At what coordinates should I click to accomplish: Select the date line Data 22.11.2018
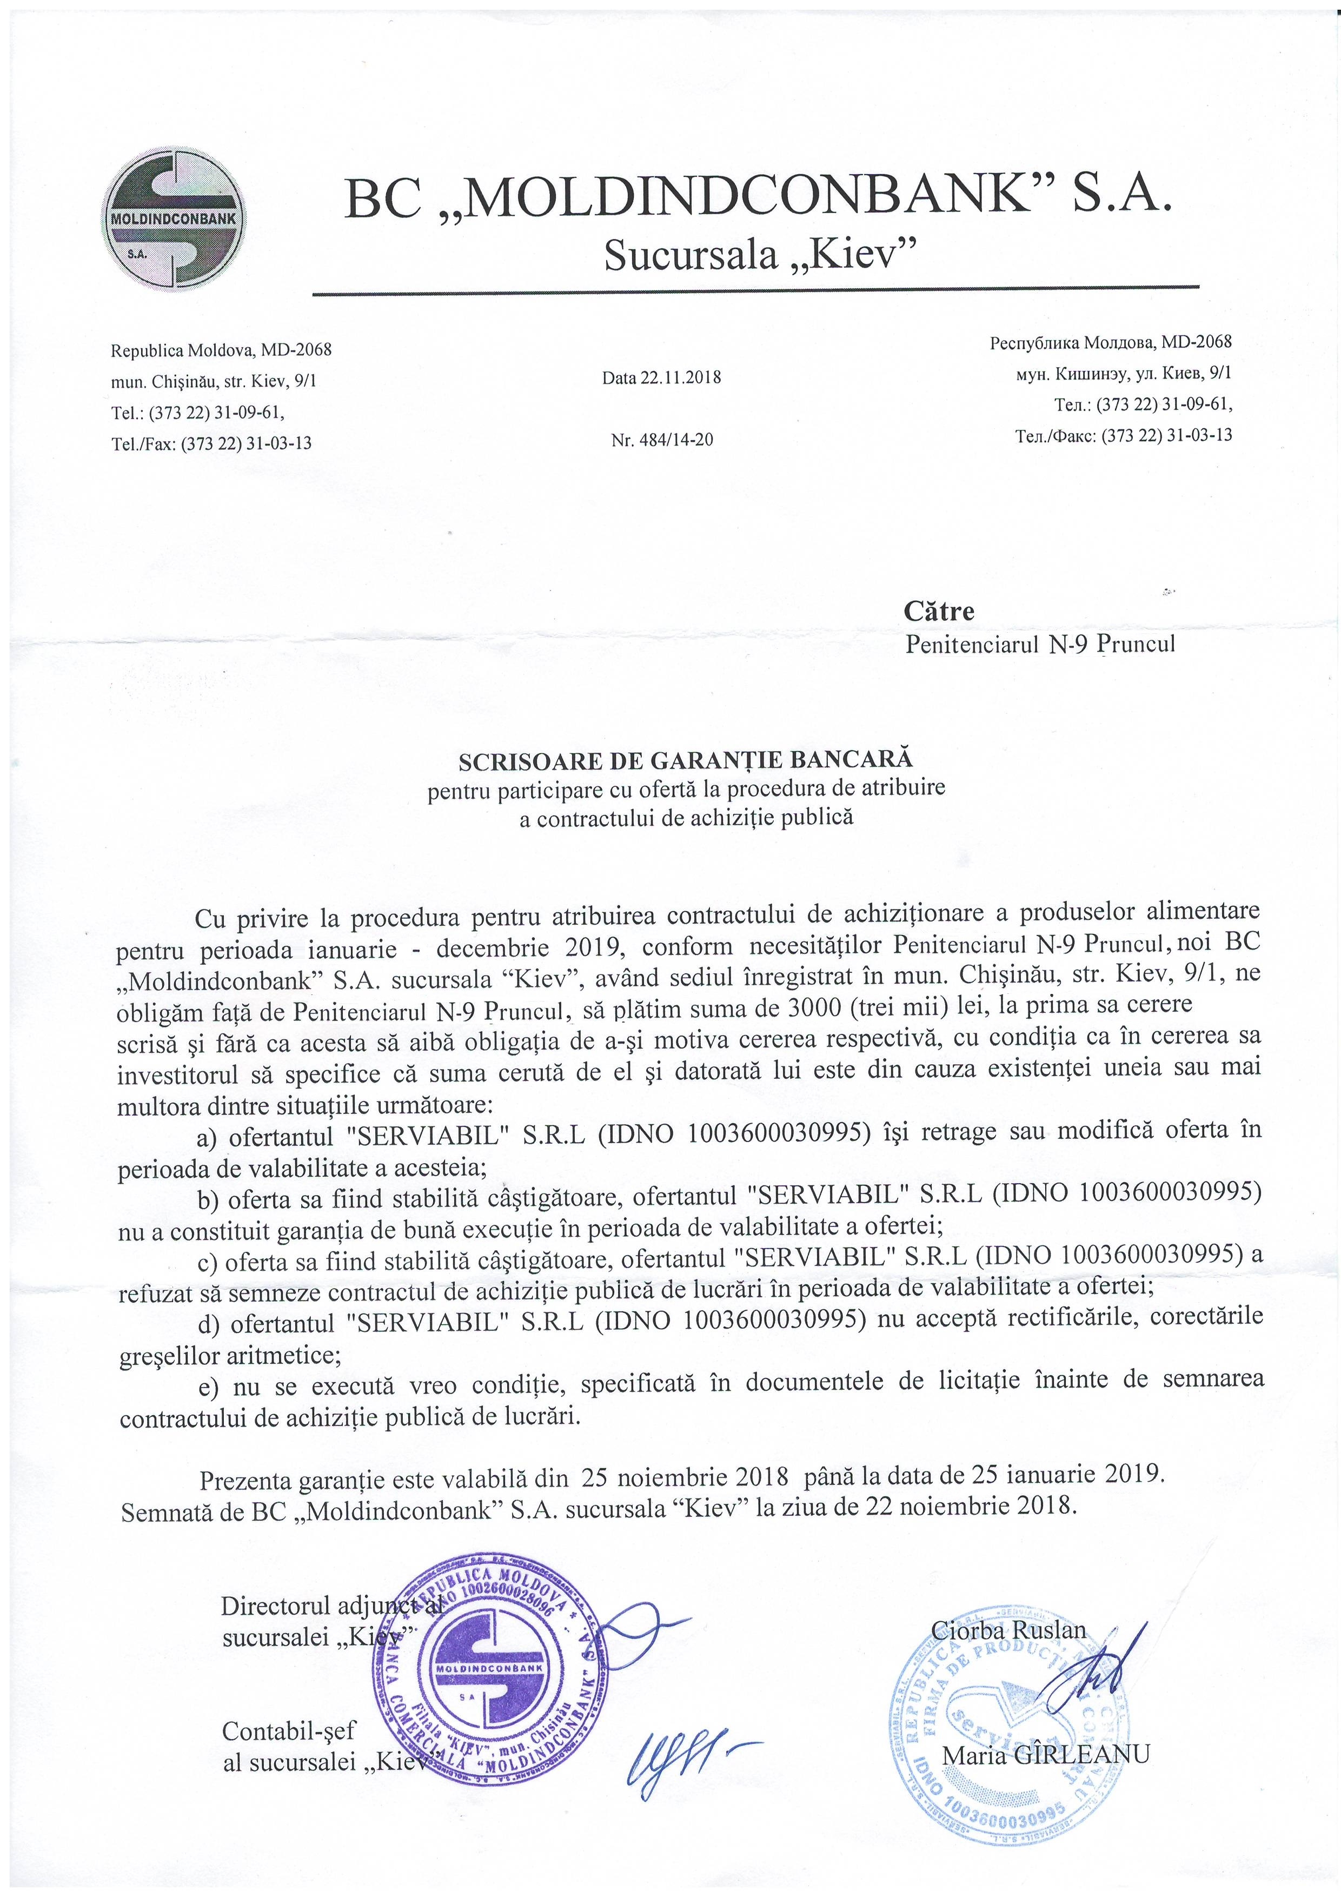point(661,377)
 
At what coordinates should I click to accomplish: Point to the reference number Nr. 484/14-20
point(661,440)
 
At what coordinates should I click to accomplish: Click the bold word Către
point(939,612)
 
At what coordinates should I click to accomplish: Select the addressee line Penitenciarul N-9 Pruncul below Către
point(1039,644)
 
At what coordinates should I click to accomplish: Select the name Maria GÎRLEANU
point(1045,1754)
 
